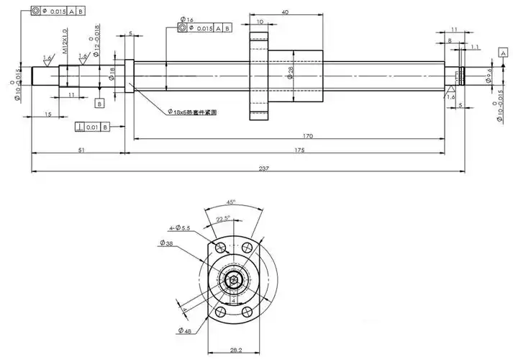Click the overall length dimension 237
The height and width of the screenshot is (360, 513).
(263, 168)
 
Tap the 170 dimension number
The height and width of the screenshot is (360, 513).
(287, 135)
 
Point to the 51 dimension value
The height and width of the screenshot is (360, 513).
(81, 150)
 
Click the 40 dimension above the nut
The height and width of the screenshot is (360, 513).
(285, 12)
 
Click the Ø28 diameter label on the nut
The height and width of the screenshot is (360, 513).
(291, 73)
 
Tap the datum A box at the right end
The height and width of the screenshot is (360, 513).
(504, 53)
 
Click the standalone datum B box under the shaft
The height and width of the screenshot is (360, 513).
(99, 103)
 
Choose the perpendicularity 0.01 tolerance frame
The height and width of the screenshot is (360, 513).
(91, 127)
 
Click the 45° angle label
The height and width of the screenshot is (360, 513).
(231, 202)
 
